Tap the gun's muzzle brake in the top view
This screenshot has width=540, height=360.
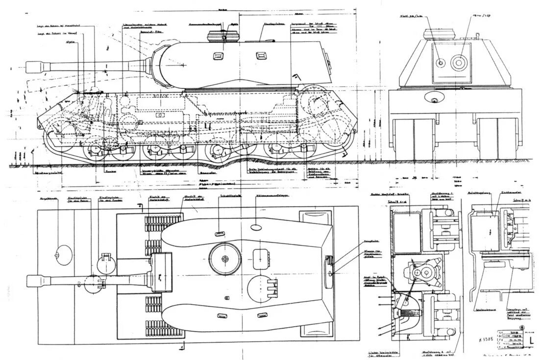tap(36, 281)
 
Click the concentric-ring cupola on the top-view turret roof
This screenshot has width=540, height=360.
tap(225, 258)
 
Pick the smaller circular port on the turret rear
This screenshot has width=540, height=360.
tap(440, 63)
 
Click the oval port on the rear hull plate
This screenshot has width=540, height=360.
tap(434, 100)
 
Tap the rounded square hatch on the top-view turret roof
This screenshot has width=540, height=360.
tap(259, 256)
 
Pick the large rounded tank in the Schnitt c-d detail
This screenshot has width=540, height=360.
tap(407, 233)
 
